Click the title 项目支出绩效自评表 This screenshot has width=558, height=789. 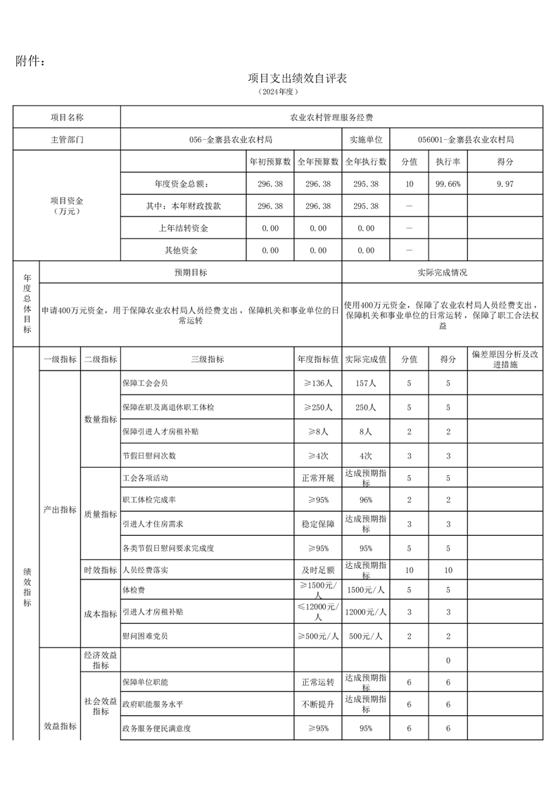coord(298,78)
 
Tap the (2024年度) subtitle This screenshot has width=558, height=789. coord(279,92)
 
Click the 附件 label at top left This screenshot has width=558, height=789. coord(31,62)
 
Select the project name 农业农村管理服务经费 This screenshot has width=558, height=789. coord(331,117)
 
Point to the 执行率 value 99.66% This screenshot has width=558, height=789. coord(448,184)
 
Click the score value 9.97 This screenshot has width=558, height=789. coord(505,184)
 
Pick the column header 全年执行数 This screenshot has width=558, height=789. coord(366,161)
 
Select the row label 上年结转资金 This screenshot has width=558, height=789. coord(184,229)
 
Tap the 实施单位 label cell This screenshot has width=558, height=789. coord(366,139)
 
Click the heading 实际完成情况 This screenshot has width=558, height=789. coord(442,272)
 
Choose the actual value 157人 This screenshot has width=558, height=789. coord(366,383)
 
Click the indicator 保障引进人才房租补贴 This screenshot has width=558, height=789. coord(160,431)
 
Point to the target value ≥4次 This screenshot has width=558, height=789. coord(317,455)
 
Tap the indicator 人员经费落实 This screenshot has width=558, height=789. coord(146,570)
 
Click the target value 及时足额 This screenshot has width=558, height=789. coord(317,570)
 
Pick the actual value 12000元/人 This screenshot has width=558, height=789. coord(366,612)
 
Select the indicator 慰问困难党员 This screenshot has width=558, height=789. coord(146,636)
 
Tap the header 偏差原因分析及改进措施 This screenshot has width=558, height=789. coord(505,359)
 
